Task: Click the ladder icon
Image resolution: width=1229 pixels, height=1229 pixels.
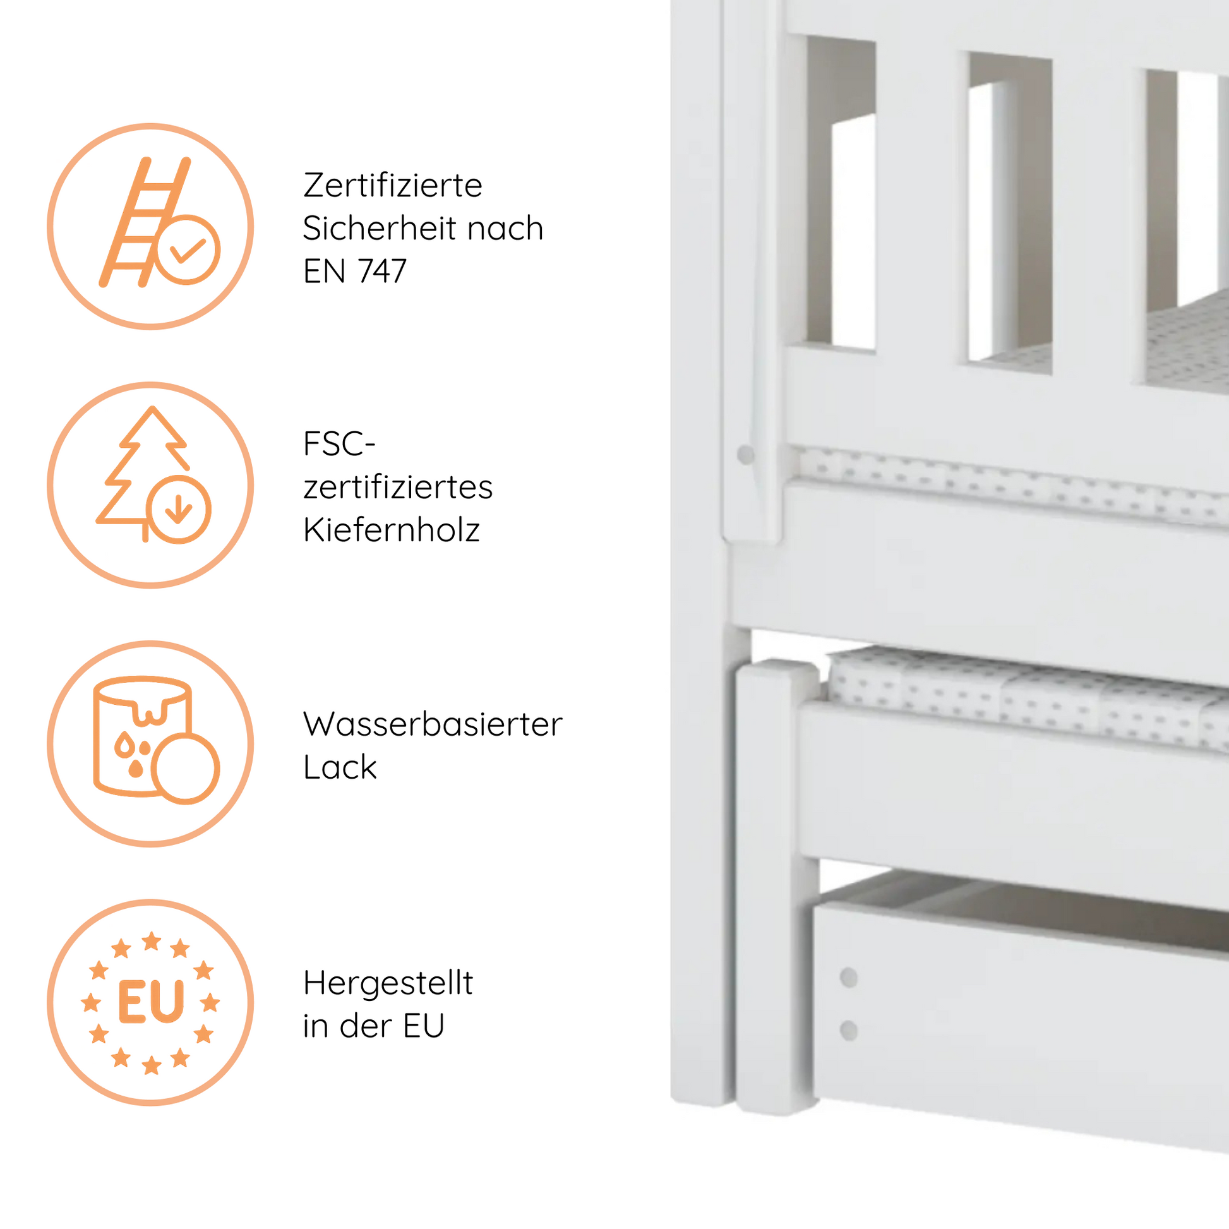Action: pos(145,222)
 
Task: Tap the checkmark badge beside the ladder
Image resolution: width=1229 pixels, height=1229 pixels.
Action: pos(188,249)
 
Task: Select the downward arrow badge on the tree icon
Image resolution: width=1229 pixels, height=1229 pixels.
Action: pos(178,509)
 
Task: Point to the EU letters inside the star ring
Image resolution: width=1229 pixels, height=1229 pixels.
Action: pos(151,1002)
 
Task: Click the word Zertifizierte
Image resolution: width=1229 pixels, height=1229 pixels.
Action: pos(392,186)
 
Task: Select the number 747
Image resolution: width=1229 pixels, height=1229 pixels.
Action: pos(381,271)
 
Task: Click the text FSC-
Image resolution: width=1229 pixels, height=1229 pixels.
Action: pos(339,443)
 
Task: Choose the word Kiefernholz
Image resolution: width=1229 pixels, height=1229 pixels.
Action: pos(391,529)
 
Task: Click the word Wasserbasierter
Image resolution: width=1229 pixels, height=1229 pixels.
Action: pos(433,724)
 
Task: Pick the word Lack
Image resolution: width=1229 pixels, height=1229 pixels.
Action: pos(340,767)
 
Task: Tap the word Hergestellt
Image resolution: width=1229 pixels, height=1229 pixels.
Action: pos(388,983)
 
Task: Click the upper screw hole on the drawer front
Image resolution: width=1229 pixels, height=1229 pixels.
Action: pos(849,978)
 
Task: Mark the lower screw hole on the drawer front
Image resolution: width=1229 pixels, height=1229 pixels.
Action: pos(849,1031)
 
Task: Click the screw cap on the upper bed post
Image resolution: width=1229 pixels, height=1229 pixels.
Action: pos(745,455)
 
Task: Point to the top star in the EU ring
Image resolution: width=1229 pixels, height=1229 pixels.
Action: pos(152,941)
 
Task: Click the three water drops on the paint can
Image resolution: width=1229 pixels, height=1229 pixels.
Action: pos(133,756)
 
